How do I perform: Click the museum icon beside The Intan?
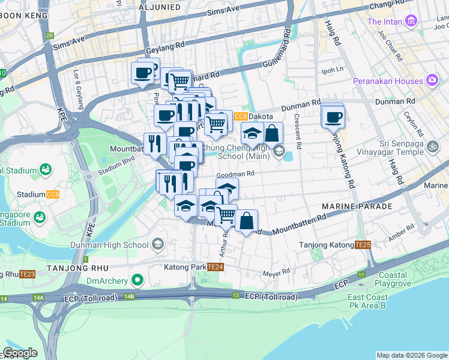411,22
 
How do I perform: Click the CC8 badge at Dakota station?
241,116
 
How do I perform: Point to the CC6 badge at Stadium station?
53,194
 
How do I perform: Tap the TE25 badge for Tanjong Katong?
363,245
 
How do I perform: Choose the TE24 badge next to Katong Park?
215,266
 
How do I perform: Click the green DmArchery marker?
137,280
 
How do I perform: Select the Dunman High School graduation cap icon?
157,244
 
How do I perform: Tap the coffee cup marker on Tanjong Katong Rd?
333,116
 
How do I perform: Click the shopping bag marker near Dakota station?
272,133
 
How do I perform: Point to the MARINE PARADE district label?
357,206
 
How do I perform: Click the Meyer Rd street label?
276,274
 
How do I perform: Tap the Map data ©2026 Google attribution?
411,355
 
